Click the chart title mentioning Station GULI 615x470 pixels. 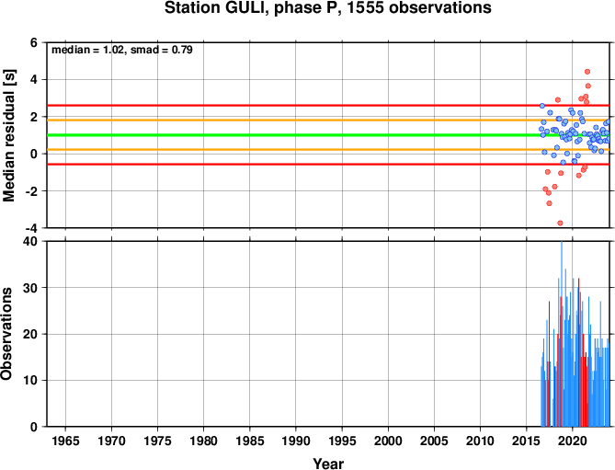327,8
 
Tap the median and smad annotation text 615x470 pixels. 122,50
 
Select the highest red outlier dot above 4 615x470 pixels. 587,72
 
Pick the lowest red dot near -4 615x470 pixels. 560,223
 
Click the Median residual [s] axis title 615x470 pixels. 9,135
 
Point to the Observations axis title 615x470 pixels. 6,334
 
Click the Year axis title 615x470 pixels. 328,464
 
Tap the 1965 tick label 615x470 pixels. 65,441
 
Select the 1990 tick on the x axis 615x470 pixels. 296,441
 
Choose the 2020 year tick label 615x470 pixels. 572,441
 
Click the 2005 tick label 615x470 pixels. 434,441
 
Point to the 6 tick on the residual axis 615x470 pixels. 34,42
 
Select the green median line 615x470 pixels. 328,135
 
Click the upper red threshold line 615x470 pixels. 328,105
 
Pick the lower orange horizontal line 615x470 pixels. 328,150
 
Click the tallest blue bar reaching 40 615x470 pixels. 562,334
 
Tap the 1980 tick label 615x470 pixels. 203,441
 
